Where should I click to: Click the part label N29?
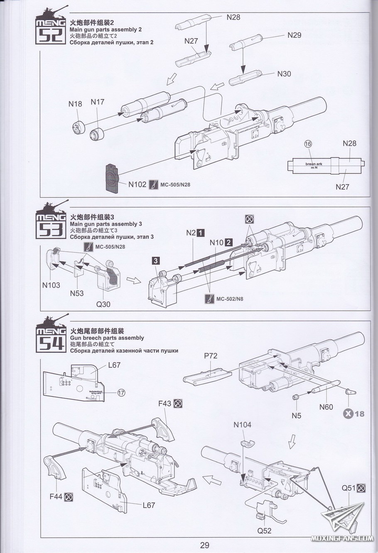[x=295, y=35]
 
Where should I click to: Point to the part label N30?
[x=284, y=74]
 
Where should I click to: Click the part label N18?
[x=75, y=104]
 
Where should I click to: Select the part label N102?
[x=137, y=184]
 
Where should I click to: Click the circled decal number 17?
[x=121, y=392]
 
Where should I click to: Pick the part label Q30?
[x=103, y=304]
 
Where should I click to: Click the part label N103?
[x=51, y=285]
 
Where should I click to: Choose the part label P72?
[x=210, y=356]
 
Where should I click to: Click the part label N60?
[x=326, y=407]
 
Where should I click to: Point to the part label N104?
[x=243, y=425]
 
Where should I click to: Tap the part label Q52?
[x=264, y=531]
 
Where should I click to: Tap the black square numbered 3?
[x=155, y=261]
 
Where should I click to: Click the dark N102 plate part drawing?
[x=113, y=178]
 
